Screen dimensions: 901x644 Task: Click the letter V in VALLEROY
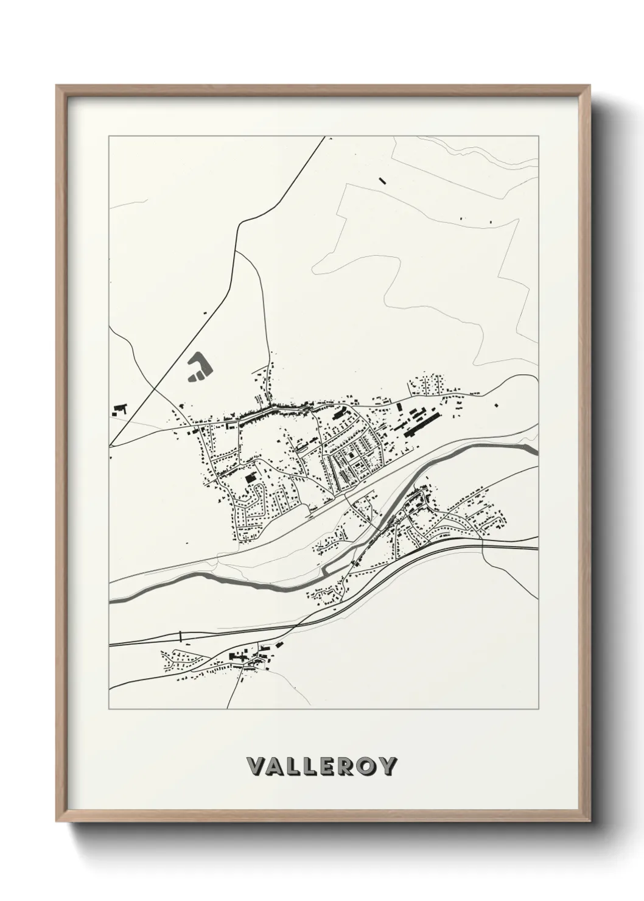point(256,765)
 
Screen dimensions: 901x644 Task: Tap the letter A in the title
point(277,765)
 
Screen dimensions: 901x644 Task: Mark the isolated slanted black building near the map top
point(382,180)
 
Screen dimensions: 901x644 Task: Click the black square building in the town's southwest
point(249,479)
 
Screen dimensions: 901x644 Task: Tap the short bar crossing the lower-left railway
point(180,637)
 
